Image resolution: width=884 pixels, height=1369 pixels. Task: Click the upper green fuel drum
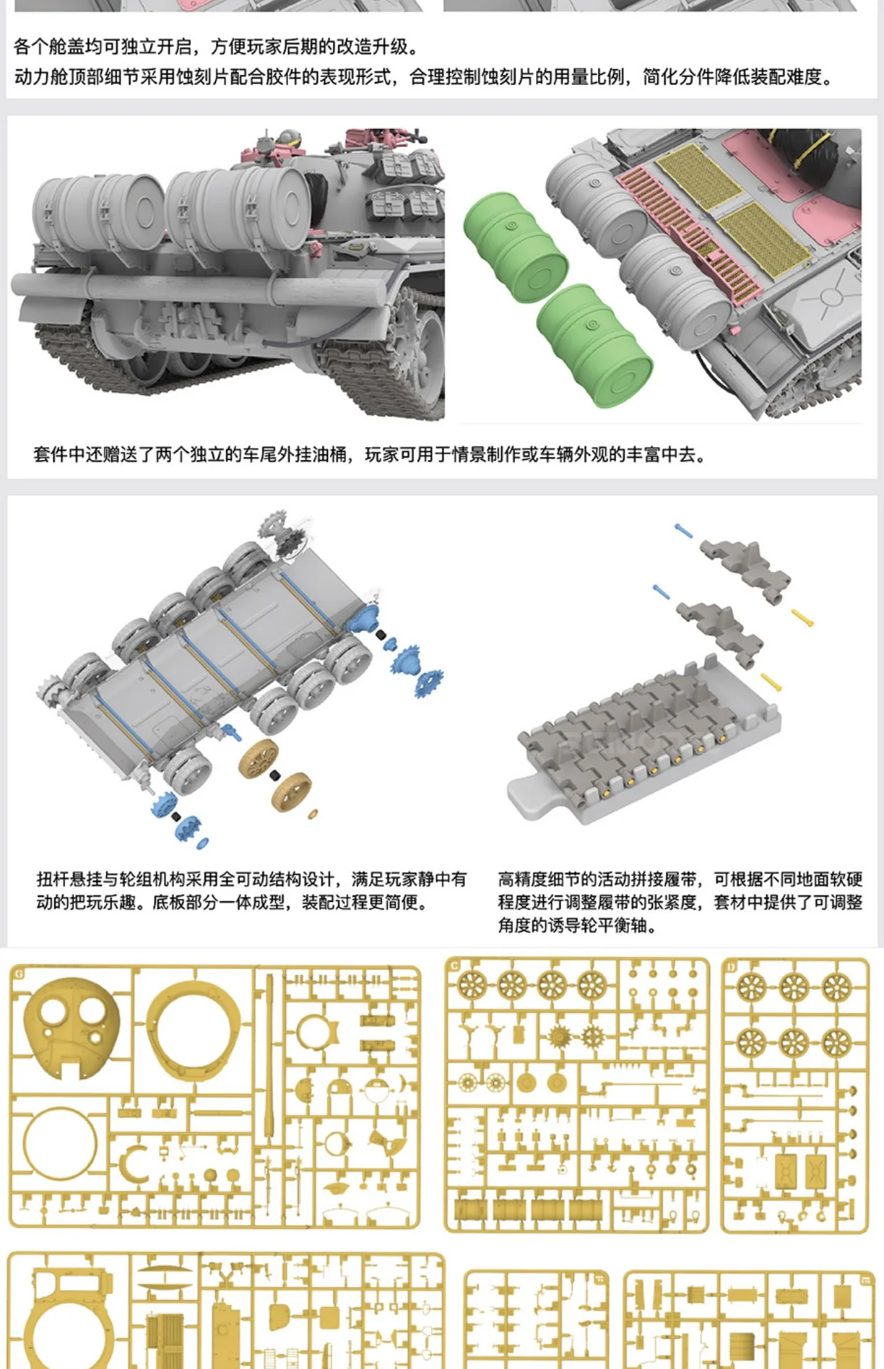(x=515, y=246)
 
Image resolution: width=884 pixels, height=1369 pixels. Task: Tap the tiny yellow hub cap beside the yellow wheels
(x=312, y=814)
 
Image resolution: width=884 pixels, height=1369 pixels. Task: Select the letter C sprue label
(x=455, y=967)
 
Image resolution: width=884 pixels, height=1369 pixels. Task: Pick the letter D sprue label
(x=731, y=967)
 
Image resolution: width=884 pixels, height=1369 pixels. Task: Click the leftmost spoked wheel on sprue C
(x=471, y=985)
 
